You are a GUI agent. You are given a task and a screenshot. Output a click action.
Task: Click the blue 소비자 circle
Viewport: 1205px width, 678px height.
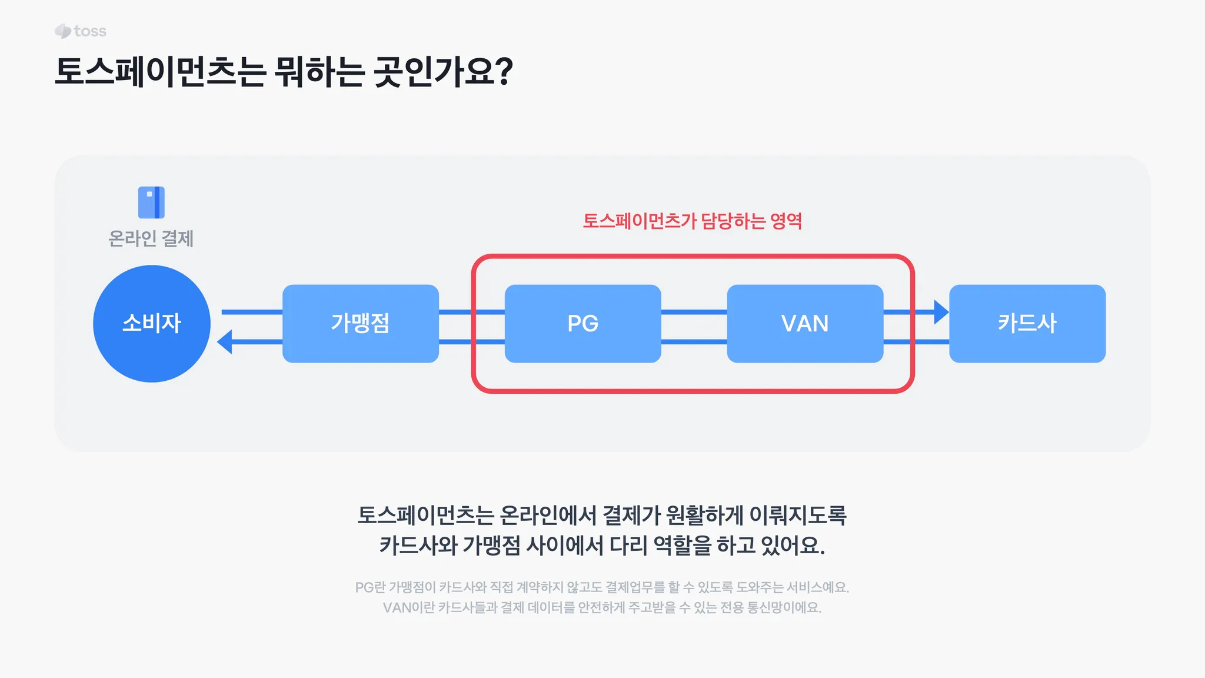[x=152, y=324]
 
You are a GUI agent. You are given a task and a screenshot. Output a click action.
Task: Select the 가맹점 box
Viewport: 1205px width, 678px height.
[x=360, y=324]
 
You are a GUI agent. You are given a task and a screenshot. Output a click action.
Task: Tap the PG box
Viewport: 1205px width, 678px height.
[x=582, y=324]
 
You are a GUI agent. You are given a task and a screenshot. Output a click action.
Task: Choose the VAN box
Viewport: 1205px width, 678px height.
[x=805, y=324]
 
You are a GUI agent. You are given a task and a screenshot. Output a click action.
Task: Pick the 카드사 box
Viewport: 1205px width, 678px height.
[x=1027, y=324]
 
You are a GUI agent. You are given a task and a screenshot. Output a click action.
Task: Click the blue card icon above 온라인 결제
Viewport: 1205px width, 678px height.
[x=151, y=202]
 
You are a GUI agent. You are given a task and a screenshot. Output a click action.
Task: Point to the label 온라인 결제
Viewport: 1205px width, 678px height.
[x=151, y=239]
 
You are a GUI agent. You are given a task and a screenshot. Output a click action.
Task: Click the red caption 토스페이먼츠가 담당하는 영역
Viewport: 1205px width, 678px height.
[x=693, y=221]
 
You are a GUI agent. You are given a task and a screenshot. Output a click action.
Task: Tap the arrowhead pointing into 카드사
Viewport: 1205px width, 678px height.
[x=941, y=312]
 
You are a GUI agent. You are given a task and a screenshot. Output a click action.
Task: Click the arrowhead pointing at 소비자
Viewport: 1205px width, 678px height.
[x=225, y=342]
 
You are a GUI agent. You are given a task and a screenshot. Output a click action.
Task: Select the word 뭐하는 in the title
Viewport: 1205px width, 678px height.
[x=319, y=72]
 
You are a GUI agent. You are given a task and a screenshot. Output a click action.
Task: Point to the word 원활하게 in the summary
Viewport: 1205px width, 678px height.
[x=704, y=516]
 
